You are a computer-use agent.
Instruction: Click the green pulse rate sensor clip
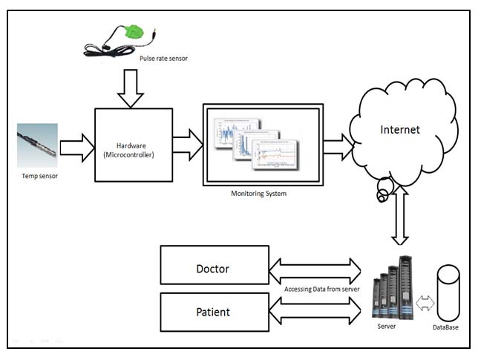point(136,31)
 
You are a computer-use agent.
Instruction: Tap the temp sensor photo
point(37,145)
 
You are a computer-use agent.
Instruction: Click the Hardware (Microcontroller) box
point(134,145)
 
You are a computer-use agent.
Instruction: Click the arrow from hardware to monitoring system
point(187,144)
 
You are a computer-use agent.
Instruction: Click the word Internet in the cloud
point(400,130)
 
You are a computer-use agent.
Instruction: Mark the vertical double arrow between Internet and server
point(401,215)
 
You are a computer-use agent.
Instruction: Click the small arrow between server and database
point(426,302)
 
